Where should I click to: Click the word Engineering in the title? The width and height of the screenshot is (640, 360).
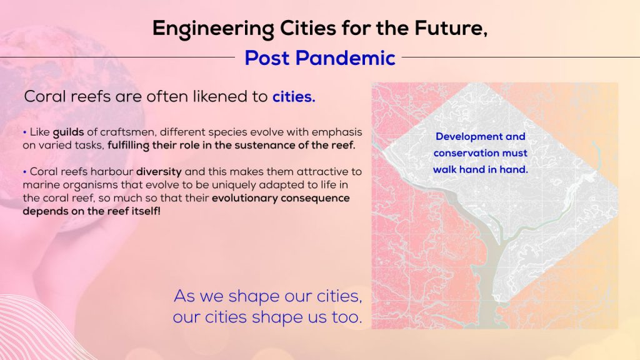(213, 29)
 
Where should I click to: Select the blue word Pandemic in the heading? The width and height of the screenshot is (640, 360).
(345, 58)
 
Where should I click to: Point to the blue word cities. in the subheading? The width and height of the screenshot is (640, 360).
(294, 97)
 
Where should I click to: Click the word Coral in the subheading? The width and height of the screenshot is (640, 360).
(44, 97)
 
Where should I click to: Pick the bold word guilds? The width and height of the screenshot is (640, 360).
(68, 132)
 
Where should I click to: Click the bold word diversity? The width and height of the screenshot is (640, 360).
(159, 172)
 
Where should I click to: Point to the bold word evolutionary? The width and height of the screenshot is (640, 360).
(244, 198)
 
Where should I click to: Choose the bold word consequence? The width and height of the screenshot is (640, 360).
(315, 198)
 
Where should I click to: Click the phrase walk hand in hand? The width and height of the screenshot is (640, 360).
(481, 169)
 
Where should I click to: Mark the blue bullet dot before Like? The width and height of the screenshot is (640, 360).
(25, 132)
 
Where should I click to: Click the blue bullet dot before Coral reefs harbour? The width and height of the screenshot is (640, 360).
(25, 172)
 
